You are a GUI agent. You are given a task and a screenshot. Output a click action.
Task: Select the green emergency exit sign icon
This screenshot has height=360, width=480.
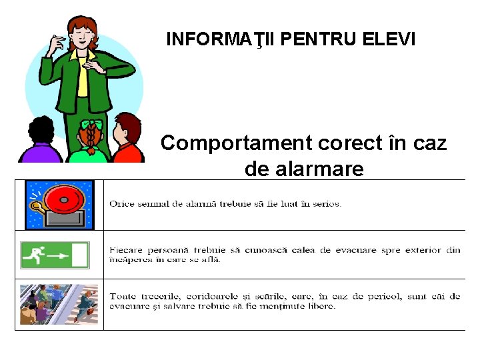click(55, 255)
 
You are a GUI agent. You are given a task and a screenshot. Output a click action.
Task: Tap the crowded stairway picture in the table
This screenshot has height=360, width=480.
click(59, 304)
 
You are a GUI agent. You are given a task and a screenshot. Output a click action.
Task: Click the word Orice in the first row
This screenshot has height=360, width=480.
click(121, 204)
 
